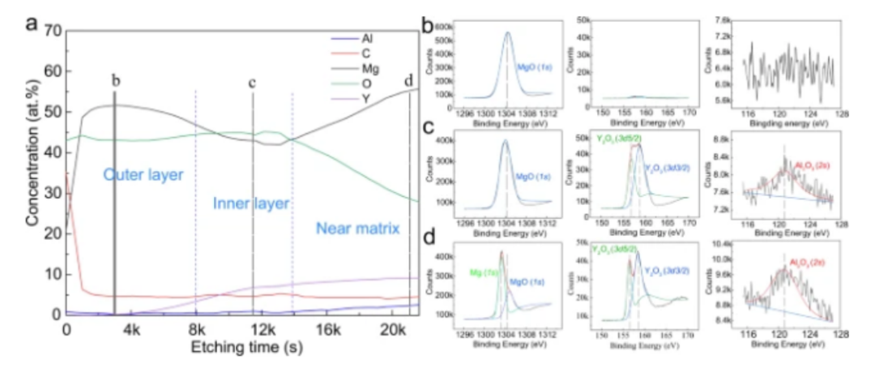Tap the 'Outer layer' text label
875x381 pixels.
143,174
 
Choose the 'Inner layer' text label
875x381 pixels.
251,203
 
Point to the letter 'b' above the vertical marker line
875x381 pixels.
116,80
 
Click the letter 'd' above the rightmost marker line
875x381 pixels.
408,80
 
